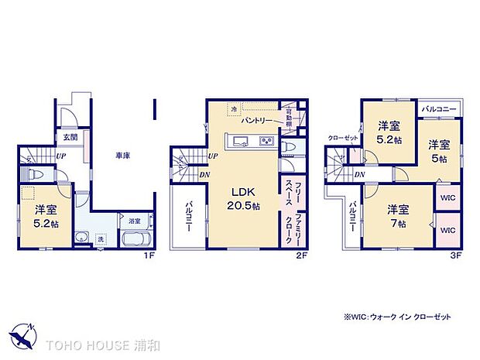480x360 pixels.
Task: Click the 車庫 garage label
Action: (x=123, y=156)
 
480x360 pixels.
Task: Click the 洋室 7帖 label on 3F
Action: (x=399, y=214)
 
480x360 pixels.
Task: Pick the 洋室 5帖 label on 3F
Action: (x=439, y=151)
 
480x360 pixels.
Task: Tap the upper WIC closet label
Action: (x=448, y=197)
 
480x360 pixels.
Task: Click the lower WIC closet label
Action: (x=448, y=231)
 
